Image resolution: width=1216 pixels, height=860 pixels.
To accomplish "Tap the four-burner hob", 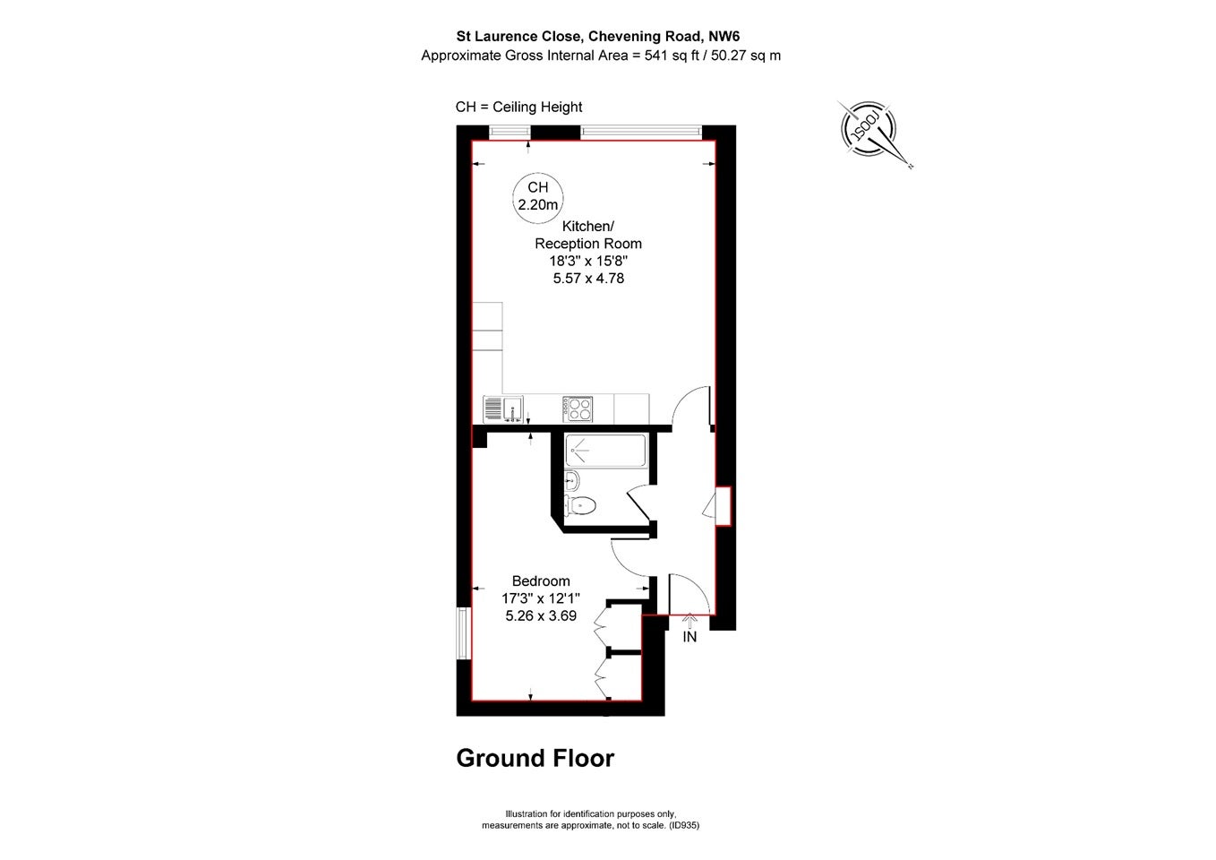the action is coord(577,409).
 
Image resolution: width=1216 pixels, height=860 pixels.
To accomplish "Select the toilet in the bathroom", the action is coord(580,506).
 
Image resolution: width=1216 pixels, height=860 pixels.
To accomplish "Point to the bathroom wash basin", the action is coord(572,480).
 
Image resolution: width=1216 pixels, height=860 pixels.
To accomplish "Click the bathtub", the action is coord(606,451).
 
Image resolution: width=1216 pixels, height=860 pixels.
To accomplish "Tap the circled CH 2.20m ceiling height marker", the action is coord(537,196).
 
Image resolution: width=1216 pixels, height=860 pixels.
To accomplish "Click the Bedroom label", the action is coord(541,580).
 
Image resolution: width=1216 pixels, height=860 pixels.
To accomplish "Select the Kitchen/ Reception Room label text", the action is coord(588,235).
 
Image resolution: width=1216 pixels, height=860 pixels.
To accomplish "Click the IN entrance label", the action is coord(689,637).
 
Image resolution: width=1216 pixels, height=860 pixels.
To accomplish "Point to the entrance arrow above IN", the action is coord(689,621).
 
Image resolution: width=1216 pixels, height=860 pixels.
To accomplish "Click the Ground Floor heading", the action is coord(535,758).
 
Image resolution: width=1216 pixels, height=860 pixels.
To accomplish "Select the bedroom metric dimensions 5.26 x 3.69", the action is coord(541,615).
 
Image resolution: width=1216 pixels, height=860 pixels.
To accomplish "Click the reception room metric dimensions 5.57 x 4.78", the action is coord(588,279).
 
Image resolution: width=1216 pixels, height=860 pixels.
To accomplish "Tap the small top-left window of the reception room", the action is coord(510,132).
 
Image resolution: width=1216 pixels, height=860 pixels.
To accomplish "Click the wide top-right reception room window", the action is coord(641,132).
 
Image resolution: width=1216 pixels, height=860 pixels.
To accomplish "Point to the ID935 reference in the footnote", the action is coord(684,826).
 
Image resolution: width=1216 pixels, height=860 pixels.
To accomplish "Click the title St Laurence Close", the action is coord(520,37).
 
